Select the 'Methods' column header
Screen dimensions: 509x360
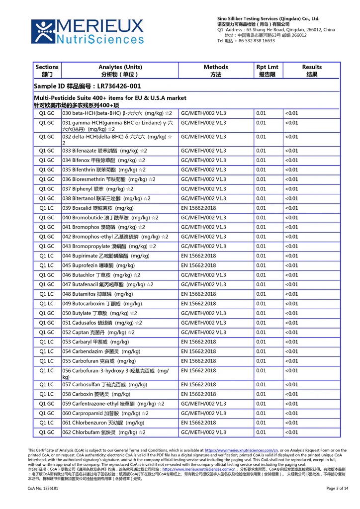(216, 71)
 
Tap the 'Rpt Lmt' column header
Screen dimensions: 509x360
(268, 71)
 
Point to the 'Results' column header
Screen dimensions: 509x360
(312, 71)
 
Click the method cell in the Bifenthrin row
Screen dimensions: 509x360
(203, 170)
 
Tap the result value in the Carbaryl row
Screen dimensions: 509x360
(292, 342)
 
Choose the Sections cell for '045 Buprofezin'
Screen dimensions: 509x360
(47, 265)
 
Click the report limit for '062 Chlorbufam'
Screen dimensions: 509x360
(261, 432)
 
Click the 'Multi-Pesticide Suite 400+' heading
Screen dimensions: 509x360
(110, 98)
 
